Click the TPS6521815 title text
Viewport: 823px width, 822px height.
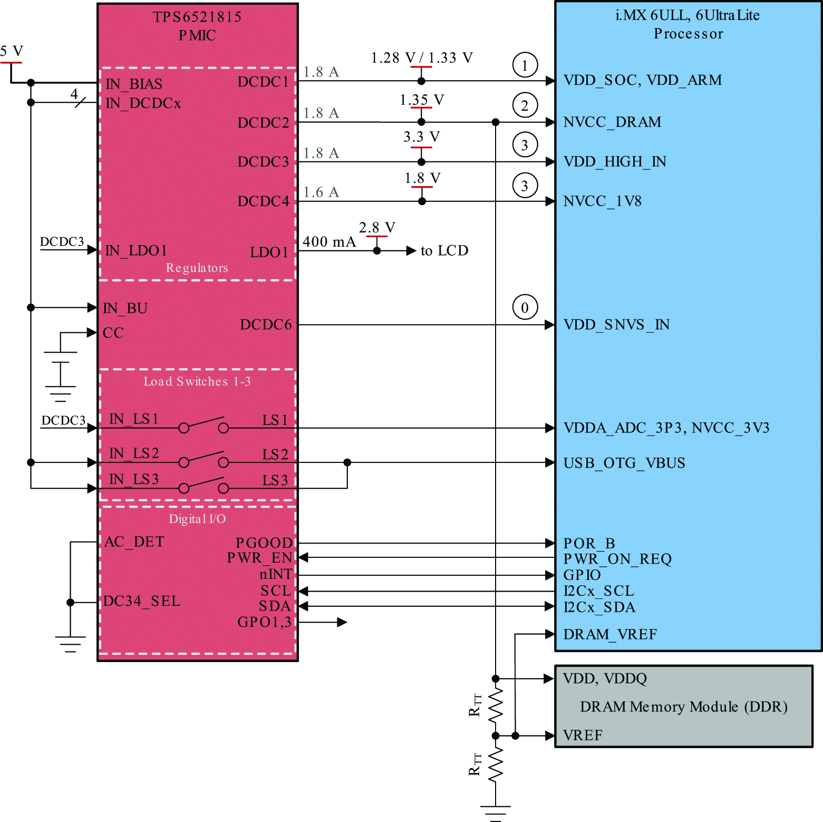click(x=197, y=17)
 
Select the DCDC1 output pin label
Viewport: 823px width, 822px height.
click(x=263, y=82)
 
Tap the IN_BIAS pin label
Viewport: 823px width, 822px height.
click(x=134, y=84)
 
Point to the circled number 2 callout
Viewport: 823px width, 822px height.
click(x=525, y=105)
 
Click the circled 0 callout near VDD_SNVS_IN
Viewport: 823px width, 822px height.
click(x=525, y=307)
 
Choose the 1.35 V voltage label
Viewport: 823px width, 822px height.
click(x=422, y=100)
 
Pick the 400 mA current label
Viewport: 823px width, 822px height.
click(x=329, y=241)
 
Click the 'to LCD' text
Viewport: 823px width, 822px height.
click(x=444, y=250)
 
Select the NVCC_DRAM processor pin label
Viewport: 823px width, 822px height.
click(x=612, y=122)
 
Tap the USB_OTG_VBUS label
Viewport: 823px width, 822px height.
click(x=624, y=463)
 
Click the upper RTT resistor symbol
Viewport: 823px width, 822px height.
click(x=495, y=706)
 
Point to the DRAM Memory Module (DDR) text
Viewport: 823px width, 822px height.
click(x=683, y=707)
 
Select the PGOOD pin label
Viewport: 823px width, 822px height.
click(x=264, y=543)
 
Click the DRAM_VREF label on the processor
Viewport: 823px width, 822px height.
click(x=610, y=634)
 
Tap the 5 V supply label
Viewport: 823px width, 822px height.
click(x=12, y=51)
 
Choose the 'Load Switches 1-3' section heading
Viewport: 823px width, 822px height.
click(x=197, y=381)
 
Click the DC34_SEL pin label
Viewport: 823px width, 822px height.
click(x=142, y=601)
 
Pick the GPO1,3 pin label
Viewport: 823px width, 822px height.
click(x=264, y=622)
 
